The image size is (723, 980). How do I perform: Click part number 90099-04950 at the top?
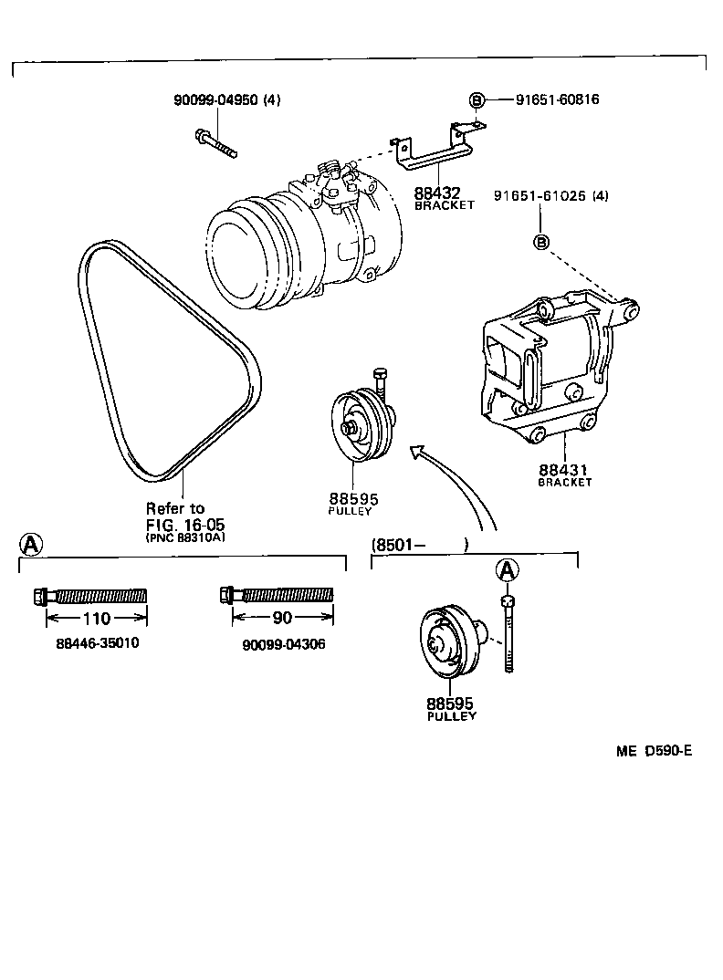click(x=216, y=99)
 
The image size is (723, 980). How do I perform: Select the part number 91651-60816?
click(x=542, y=99)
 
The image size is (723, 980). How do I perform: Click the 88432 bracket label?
click(x=438, y=193)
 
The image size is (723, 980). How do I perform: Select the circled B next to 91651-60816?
click(x=476, y=99)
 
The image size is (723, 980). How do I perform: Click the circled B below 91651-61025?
click(x=540, y=242)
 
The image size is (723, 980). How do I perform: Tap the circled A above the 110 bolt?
click(x=31, y=545)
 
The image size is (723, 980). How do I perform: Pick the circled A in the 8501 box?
click(x=508, y=570)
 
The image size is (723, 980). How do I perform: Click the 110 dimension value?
click(x=96, y=618)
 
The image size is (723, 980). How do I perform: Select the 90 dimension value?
click(x=282, y=618)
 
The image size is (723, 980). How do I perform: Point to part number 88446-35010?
click(x=98, y=643)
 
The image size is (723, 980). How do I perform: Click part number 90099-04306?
click(x=284, y=644)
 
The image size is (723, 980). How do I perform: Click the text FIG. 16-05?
click(x=185, y=525)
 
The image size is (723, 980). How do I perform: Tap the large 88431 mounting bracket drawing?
click(x=548, y=365)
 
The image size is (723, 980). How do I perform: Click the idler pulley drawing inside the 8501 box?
click(x=447, y=643)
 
